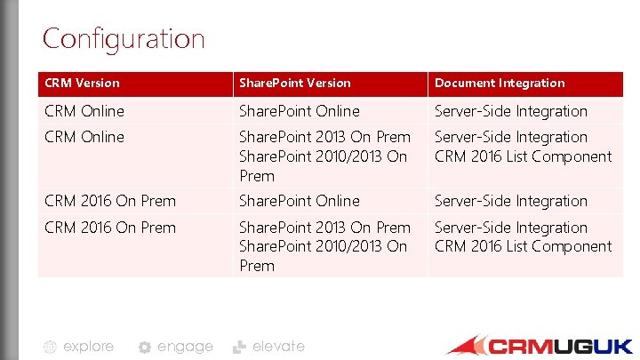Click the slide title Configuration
click(124, 39)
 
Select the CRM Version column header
click(82, 83)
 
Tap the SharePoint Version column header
click(293, 83)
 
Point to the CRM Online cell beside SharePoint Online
click(84, 111)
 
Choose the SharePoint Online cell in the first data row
click(299, 111)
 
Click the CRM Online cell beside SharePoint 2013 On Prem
click(84, 137)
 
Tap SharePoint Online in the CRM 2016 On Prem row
click(299, 201)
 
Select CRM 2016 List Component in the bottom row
click(523, 246)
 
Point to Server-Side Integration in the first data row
click(511, 111)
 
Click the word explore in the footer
click(88, 347)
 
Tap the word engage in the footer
click(185, 347)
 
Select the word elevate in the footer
click(278, 347)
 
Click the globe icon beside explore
click(51, 348)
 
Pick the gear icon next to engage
click(144, 348)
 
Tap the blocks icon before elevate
click(239, 347)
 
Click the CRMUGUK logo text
click(561, 346)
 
